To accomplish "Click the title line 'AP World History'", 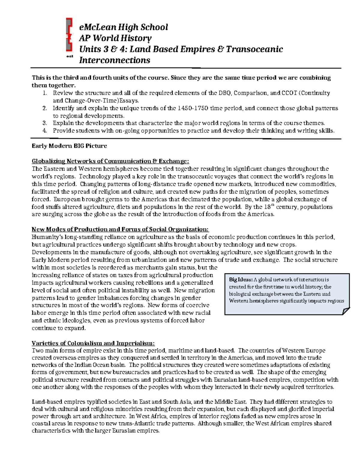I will pyautogui.click(x=115, y=38).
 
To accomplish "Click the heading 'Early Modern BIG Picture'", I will pyautogui.click(x=69, y=146).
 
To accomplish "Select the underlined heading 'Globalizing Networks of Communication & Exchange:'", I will pyautogui.click(x=110, y=161).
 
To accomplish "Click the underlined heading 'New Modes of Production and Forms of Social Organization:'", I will pyautogui.click(x=120, y=230).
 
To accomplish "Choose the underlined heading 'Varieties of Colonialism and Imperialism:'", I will pyautogui.click(x=93, y=343).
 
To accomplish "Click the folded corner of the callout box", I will pyautogui.click(x=346, y=311).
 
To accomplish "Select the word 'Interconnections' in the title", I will pyautogui.click(x=114, y=60).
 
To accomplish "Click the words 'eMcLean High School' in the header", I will pyautogui.click(x=123, y=27).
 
